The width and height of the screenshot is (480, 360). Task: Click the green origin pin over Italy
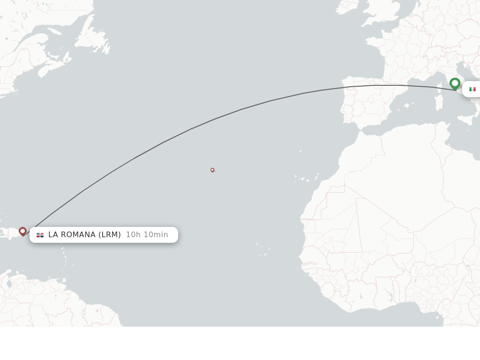click(455, 83)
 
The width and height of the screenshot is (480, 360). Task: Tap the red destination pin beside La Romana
click(22, 231)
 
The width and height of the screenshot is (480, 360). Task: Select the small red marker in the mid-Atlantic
click(212, 170)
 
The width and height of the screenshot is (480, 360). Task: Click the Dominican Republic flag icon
click(40, 235)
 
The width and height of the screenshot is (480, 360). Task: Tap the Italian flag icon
click(472, 89)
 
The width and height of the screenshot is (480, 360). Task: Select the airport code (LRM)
click(110, 234)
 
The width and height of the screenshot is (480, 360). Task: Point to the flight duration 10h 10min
click(147, 234)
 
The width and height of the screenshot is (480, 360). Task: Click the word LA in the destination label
click(53, 234)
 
